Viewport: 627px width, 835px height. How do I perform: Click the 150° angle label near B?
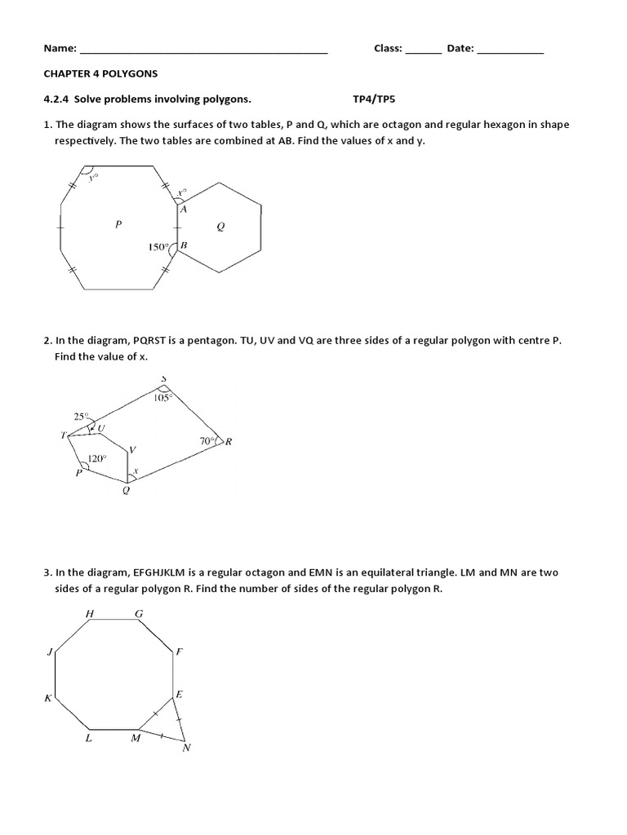tap(158, 246)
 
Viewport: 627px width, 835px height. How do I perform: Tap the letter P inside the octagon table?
tap(118, 224)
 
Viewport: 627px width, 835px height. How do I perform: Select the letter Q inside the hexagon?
tap(220, 228)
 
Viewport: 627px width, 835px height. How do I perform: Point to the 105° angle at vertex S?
tap(162, 398)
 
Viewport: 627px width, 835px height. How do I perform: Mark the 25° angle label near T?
tap(81, 416)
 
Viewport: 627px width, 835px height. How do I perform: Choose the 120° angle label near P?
tap(97, 459)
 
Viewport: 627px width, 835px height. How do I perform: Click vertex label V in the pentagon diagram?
tap(132, 450)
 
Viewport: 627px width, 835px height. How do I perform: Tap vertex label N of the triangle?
tap(186, 748)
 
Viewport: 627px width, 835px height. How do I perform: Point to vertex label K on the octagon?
tap(47, 698)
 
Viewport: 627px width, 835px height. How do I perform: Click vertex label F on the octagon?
tap(180, 652)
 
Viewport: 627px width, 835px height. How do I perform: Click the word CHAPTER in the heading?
tap(69, 73)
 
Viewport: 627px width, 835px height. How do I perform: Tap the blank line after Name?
tap(204, 51)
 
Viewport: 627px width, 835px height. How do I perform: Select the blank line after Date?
tap(510, 51)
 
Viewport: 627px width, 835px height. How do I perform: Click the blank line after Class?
tap(423, 51)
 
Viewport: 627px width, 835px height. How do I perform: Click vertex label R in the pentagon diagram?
tap(229, 442)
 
